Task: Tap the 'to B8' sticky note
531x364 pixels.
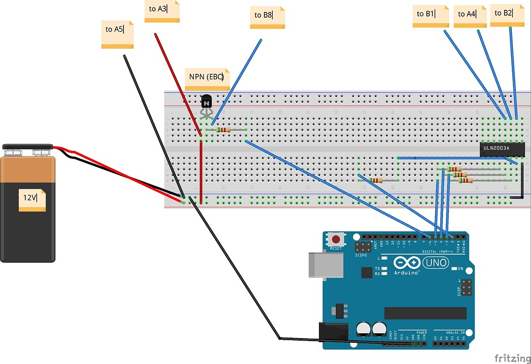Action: [x=267, y=18]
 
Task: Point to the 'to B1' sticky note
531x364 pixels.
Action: [x=430, y=16]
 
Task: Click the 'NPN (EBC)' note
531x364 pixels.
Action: [x=207, y=79]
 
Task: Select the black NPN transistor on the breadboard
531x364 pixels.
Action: [x=206, y=102]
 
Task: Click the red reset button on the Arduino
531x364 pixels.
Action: [x=337, y=240]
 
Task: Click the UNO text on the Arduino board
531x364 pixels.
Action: [x=436, y=263]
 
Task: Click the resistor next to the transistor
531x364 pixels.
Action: [x=223, y=130]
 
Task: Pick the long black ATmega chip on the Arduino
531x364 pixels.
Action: [x=425, y=313]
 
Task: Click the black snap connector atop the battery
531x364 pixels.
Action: [x=27, y=147]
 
